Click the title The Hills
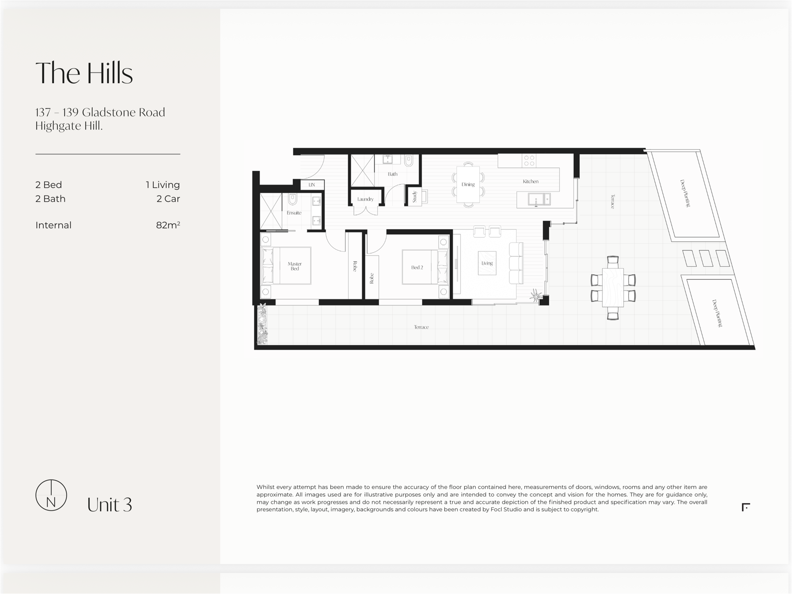84,73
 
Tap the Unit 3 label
109,505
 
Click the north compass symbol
51,495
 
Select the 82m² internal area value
168,225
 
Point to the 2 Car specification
168,199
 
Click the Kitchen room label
531,181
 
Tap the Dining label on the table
468,185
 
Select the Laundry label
365,199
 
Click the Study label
415,197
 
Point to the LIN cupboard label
312,185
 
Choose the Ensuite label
294,213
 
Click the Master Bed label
295,266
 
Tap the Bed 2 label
417,267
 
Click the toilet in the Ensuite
293,199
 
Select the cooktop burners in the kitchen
529,160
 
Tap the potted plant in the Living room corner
536,295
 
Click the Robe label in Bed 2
371,278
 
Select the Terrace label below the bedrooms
421,327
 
